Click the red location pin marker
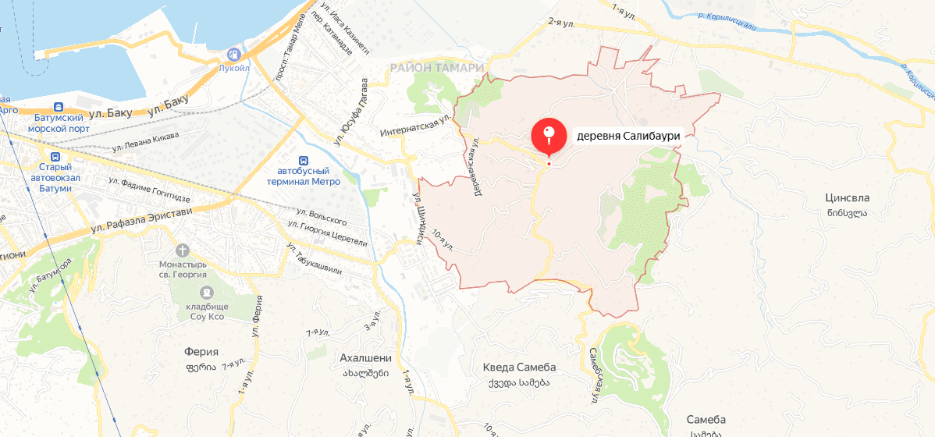pyautogui.click(x=549, y=136)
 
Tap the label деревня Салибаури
pyautogui.click(x=628, y=136)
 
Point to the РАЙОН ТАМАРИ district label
pyautogui.click(x=437, y=68)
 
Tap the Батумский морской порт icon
pyautogui.click(x=59, y=107)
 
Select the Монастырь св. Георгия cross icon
pyautogui.click(x=183, y=250)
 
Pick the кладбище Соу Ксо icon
pyautogui.click(x=207, y=292)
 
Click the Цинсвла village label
pyautogui.click(x=847, y=198)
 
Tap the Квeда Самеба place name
pyautogui.click(x=519, y=368)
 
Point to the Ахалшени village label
pyautogui.click(x=365, y=358)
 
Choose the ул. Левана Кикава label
pyautogui.click(x=145, y=142)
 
